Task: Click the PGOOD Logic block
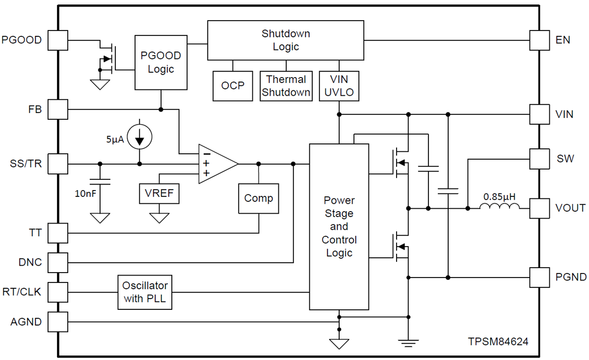tap(161, 62)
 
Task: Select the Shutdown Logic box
tap(286, 40)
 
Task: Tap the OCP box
tap(233, 85)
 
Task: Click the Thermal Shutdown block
tap(286, 85)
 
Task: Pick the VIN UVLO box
tap(339, 85)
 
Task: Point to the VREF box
tap(159, 193)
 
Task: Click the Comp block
tap(258, 198)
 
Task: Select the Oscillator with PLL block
tap(145, 292)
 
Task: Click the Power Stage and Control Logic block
tap(339, 226)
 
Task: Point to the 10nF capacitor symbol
tap(100, 182)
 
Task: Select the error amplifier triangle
tap(216, 164)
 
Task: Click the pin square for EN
tap(539, 40)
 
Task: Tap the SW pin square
tap(539, 159)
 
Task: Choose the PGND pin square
tap(539, 277)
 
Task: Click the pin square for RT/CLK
tap(58, 292)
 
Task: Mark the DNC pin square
tap(58, 262)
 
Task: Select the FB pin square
tap(58, 109)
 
